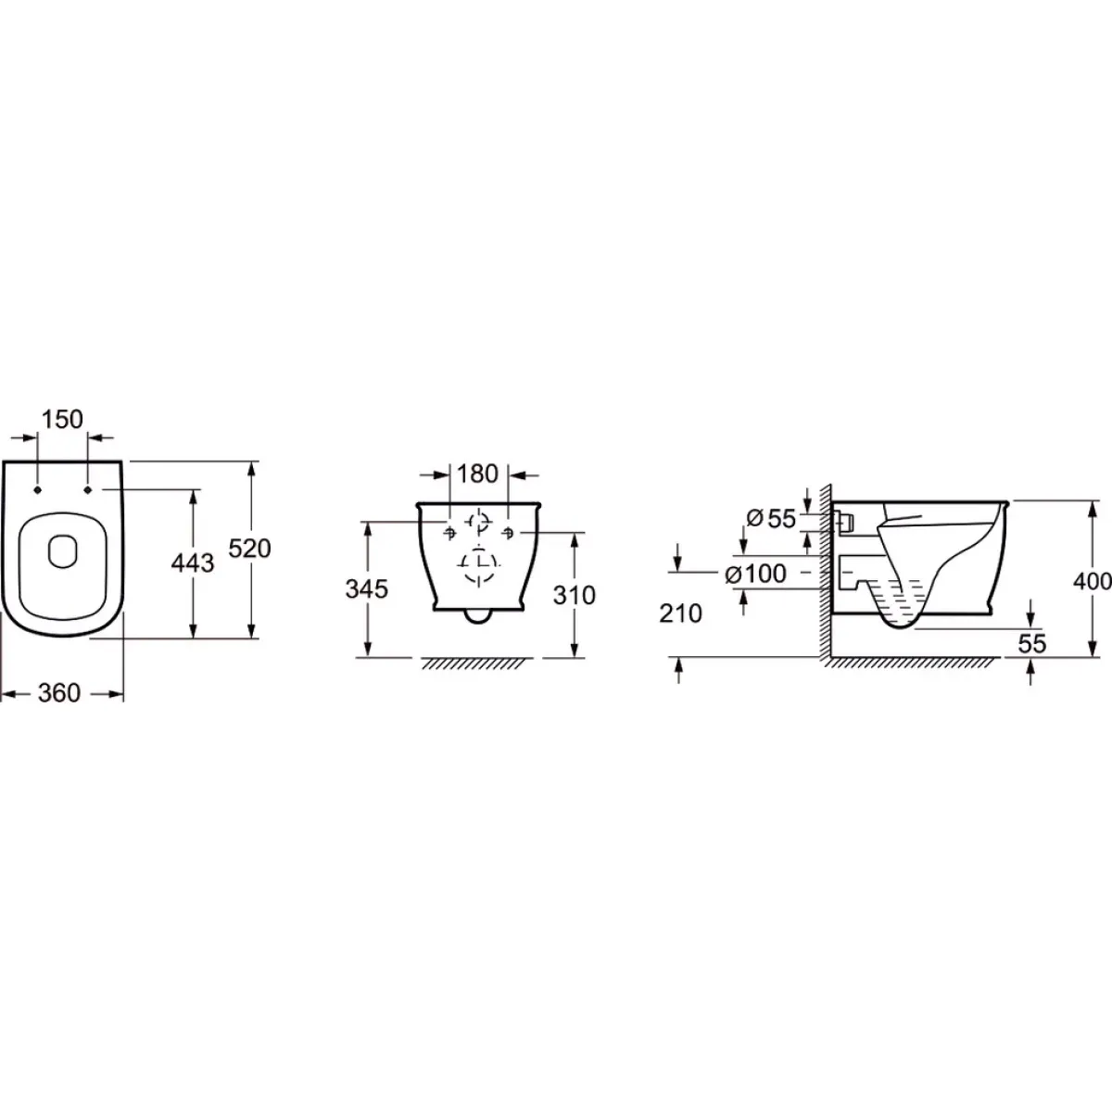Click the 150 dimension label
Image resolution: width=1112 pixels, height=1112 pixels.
(x=62, y=420)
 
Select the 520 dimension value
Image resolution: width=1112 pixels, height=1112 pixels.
(x=249, y=549)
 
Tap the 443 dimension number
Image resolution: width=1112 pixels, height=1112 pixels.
(x=193, y=562)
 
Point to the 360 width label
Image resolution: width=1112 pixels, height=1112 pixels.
(x=59, y=693)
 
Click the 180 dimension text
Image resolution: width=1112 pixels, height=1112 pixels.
(x=477, y=474)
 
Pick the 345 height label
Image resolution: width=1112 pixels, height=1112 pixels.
(x=366, y=589)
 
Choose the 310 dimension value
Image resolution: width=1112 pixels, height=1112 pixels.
(x=575, y=595)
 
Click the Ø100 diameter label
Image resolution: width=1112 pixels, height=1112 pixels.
(x=756, y=574)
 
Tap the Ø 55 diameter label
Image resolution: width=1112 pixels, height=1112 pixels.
(x=771, y=519)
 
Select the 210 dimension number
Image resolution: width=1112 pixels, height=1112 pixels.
(x=681, y=613)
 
